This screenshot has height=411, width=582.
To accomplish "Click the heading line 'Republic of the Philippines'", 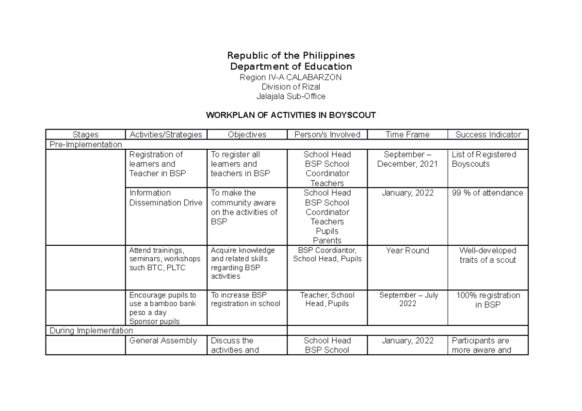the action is click(291, 55).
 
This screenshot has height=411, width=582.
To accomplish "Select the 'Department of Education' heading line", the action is click(291, 66).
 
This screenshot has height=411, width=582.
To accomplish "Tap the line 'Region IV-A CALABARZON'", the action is click(291, 77).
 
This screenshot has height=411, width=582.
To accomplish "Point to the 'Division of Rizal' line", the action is click(291, 87).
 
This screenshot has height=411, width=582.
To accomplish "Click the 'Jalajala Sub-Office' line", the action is click(291, 96).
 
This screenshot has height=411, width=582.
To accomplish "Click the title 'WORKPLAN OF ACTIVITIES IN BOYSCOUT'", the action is click(291, 115).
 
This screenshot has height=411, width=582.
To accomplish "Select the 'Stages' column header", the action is click(85, 135).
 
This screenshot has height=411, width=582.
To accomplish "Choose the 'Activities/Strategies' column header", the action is click(166, 135).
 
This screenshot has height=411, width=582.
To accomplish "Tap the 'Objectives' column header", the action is click(247, 135).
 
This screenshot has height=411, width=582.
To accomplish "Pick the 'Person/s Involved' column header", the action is click(327, 135).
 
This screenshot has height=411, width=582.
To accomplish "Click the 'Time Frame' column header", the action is click(407, 135).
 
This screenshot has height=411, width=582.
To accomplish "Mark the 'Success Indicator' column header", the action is click(488, 135).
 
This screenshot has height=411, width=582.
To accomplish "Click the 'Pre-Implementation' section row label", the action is click(85, 144).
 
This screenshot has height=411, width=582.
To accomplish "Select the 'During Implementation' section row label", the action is click(91, 331).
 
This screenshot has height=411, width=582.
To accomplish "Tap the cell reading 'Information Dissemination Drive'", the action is click(165, 198).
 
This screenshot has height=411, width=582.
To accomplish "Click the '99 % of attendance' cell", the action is click(487, 193).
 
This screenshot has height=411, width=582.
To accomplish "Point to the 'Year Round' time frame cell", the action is click(407, 251).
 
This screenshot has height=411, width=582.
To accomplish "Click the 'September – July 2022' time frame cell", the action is click(407, 300).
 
